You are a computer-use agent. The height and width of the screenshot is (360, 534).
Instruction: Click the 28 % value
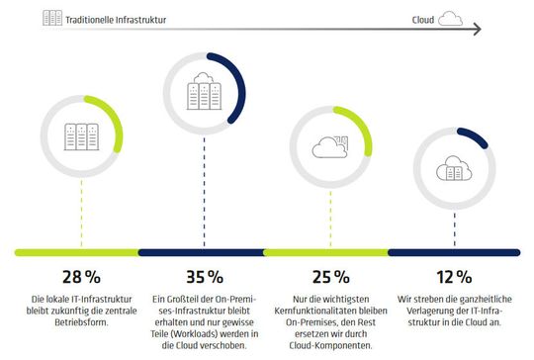pyautogui.click(x=71, y=274)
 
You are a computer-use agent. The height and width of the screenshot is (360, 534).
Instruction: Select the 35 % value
pyautogui.click(x=203, y=274)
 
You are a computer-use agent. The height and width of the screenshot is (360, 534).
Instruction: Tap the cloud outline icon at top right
pyautogui.click(x=450, y=18)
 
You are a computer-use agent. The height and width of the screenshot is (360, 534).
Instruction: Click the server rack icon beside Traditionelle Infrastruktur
pyautogui.click(x=52, y=18)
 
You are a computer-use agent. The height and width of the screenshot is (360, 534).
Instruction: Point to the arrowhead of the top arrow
pyautogui.click(x=479, y=31)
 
